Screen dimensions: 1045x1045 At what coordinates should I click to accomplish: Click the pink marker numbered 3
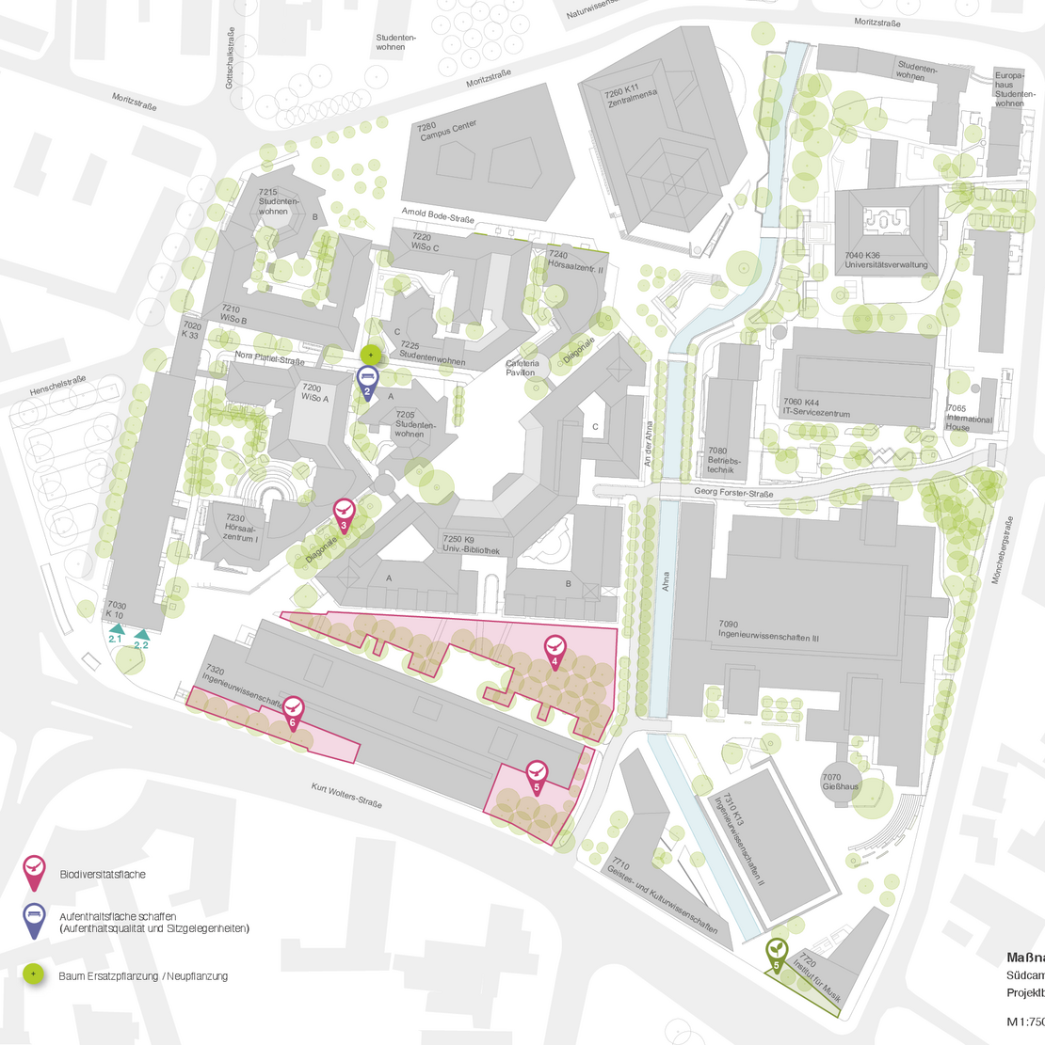coord(345,515)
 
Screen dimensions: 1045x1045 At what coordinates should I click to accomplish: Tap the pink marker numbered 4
coord(555,649)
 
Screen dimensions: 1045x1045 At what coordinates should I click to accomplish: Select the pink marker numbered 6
coord(294,710)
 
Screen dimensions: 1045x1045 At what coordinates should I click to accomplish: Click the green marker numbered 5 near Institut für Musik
coord(777,952)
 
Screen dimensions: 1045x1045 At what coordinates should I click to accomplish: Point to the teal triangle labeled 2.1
coord(117,629)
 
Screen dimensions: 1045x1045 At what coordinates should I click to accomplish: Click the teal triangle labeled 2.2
coord(141,635)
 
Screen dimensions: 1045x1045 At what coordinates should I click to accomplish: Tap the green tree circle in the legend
coord(34,974)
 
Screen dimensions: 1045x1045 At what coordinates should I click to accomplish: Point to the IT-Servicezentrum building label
coord(816,408)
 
